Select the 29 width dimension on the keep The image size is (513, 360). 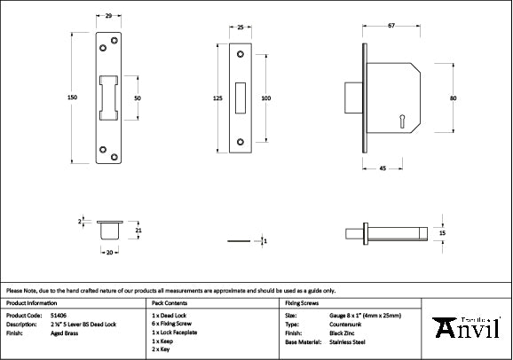(x=107, y=17)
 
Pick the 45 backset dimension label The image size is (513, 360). (x=382, y=167)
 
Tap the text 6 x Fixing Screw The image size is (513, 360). (x=173, y=324)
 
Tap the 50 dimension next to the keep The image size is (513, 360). (x=138, y=98)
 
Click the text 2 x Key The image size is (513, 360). (x=162, y=348)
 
